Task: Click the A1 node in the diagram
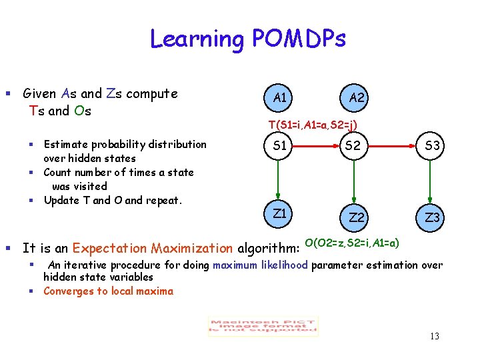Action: click(281, 98)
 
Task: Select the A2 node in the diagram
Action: click(357, 98)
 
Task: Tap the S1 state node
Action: click(281, 146)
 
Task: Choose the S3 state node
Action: click(433, 146)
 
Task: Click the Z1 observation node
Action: click(281, 213)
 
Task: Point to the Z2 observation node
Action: click(357, 218)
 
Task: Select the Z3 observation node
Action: click(433, 218)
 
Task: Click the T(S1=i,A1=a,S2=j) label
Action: click(313, 125)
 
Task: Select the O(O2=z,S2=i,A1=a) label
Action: click(351, 242)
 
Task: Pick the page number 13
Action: click(434, 336)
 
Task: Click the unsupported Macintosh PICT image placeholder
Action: click(263, 325)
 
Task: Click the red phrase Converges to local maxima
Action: click(108, 291)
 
